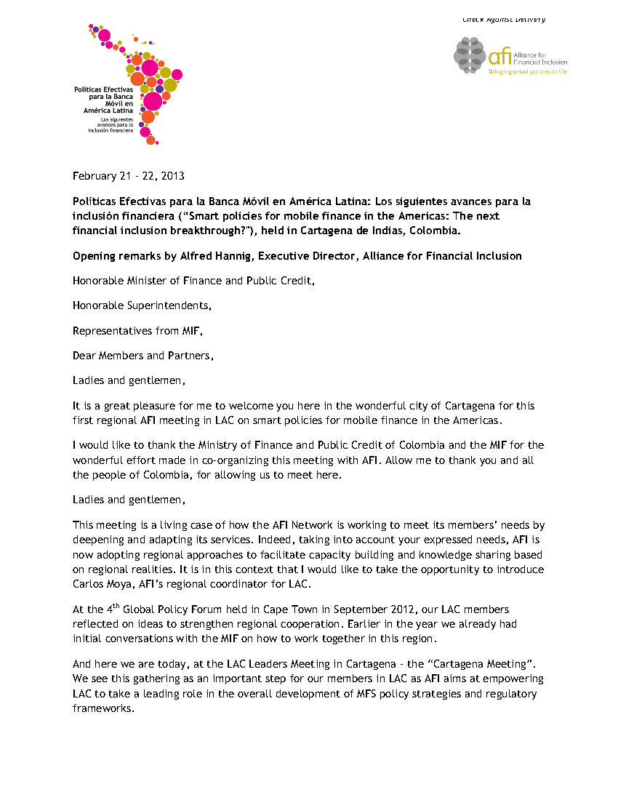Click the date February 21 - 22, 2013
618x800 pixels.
pos(128,176)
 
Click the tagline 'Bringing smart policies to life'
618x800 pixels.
pos(528,71)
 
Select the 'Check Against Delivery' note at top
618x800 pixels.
pos(504,20)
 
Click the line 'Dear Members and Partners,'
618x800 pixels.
pos(143,356)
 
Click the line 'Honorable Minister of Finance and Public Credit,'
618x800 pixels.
pos(193,280)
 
